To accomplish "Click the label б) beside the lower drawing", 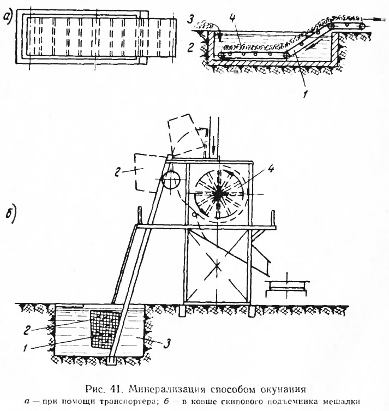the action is click(11, 214).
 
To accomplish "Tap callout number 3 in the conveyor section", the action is click(191, 20).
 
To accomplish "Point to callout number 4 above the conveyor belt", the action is click(232, 19).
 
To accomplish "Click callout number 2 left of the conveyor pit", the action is click(191, 47).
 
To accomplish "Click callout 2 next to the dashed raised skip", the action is click(118, 172).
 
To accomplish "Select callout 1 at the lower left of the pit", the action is click(26, 348).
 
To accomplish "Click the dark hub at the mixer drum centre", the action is click(217, 194).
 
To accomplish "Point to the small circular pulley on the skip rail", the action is click(171, 180).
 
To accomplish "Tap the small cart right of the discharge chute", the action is click(286, 288).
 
